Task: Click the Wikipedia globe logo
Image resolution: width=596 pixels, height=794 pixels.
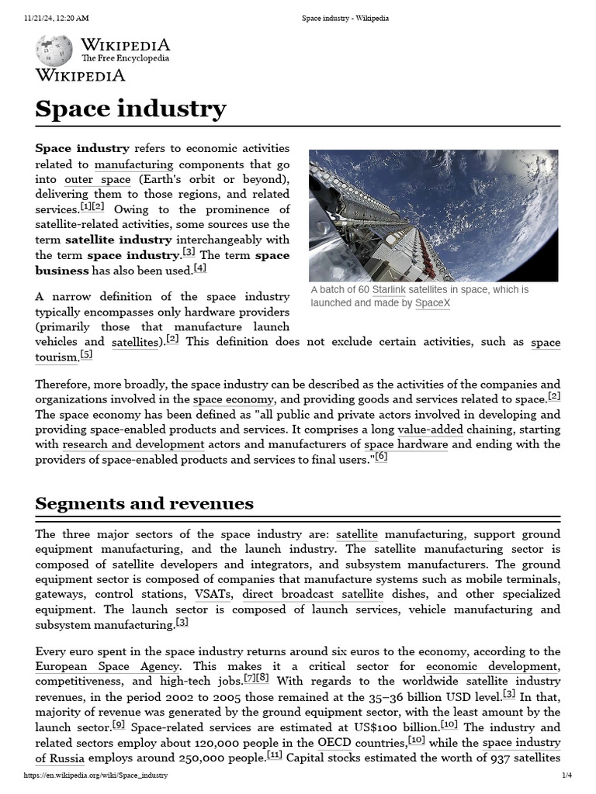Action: [54, 50]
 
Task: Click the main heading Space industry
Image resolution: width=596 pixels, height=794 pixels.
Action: [130, 109]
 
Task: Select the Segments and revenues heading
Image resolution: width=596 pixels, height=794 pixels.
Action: [144, 504]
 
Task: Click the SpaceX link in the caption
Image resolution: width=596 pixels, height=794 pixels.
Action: [432, 303]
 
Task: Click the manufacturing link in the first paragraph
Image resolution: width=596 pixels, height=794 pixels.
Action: [133, 164]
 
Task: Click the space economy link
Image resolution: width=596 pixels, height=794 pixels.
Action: [234, 399]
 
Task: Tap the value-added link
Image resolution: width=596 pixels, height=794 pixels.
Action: [430, 430]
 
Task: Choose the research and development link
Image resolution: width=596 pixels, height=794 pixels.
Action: [133, 445]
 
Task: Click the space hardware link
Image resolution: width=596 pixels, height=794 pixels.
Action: [406, 445]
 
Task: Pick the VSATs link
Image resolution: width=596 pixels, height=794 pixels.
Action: [214, 595]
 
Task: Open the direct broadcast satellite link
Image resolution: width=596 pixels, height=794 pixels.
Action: [313, 595]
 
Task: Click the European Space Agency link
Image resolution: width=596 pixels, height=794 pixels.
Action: [108, 667]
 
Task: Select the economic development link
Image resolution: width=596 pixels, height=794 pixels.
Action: [492, 667]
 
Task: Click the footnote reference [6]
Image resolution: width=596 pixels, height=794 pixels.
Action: [381, 457]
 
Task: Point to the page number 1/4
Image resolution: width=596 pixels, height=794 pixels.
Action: [567, 775]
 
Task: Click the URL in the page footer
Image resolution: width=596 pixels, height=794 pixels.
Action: [95, 775]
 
